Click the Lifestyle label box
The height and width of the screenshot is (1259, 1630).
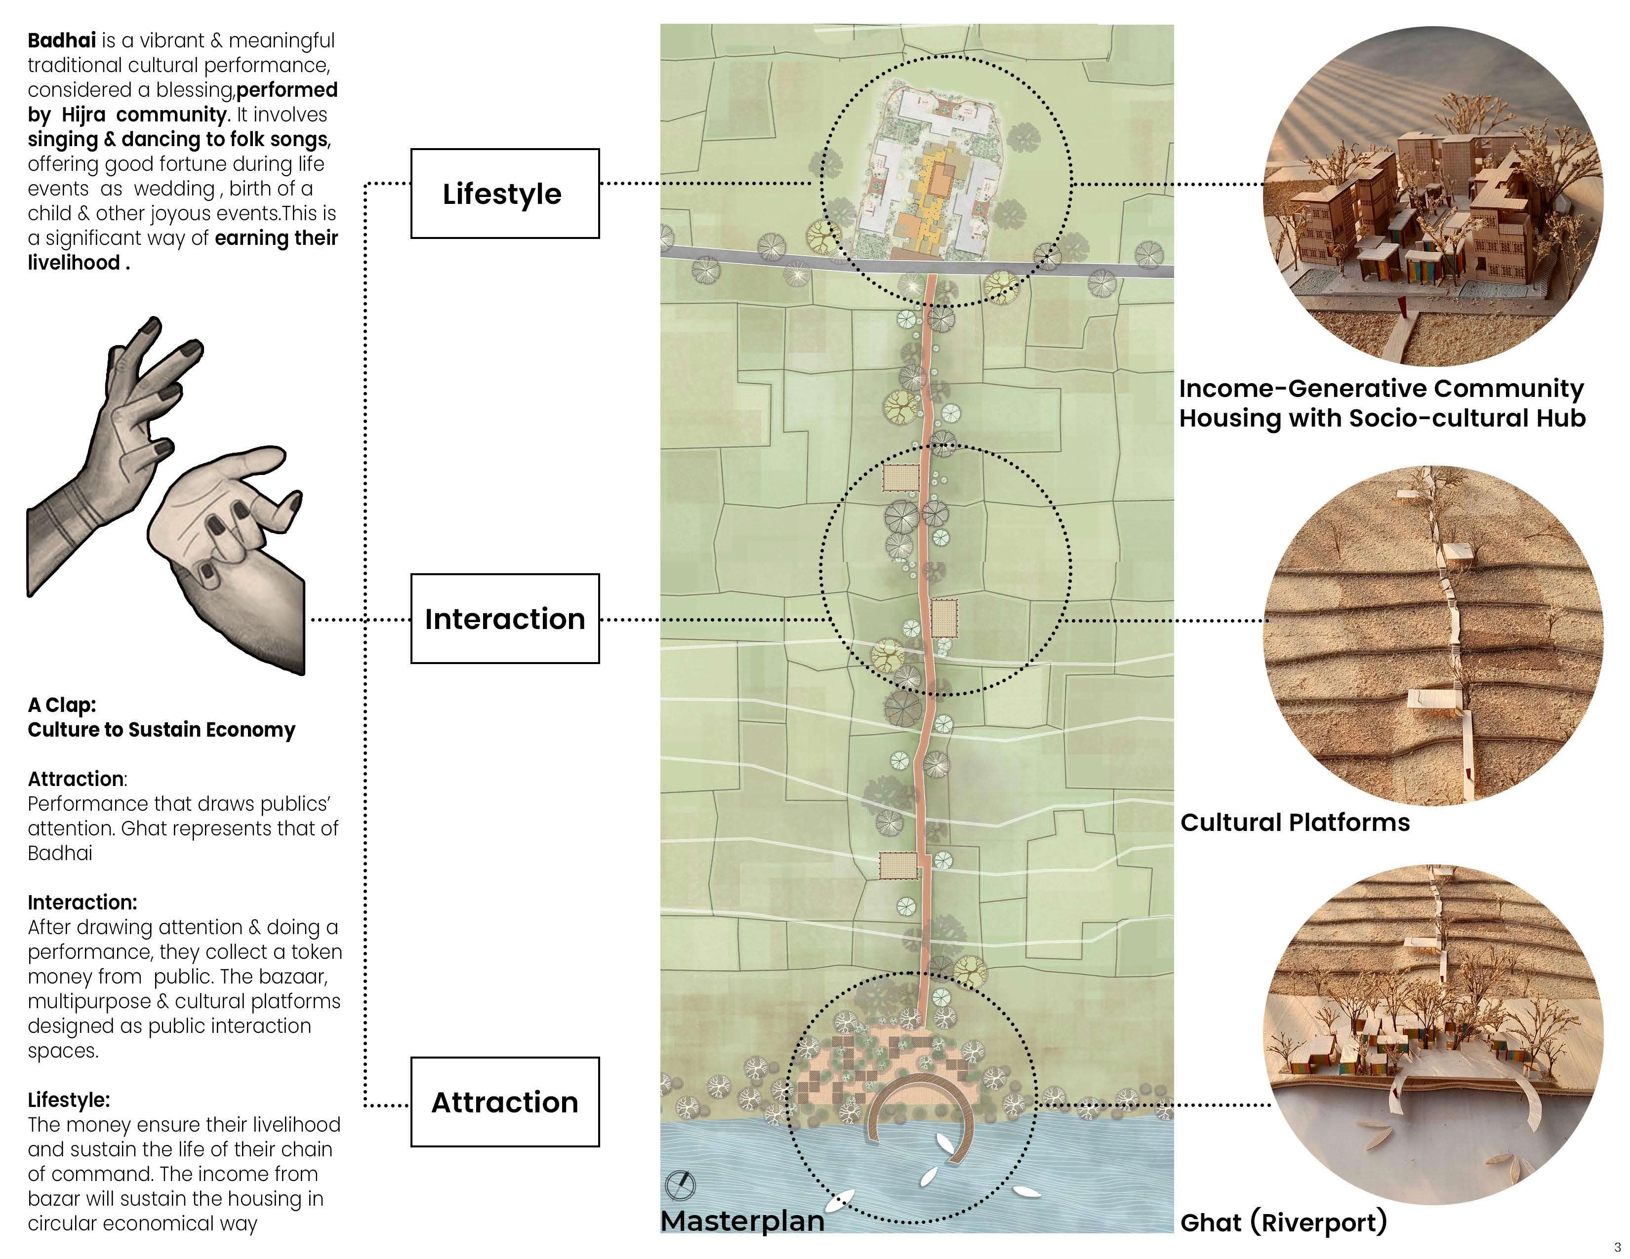tap(504, 194)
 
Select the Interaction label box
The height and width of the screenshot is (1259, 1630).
tap(504, 619)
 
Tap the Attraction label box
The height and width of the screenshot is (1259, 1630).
tap(504, 1102)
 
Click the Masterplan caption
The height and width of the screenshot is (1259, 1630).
tap(742, 1221)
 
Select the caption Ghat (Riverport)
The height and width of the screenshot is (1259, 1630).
tap(1284, 1222)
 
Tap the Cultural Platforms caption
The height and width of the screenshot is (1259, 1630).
tap(1295, 823)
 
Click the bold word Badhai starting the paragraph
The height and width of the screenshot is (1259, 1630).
tap(61, 40)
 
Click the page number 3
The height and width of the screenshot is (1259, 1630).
tap(1617, 1247)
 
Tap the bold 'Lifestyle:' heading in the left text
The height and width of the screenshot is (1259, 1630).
tap(69, 1100)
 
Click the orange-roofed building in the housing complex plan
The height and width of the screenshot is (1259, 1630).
tap(942, 178)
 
